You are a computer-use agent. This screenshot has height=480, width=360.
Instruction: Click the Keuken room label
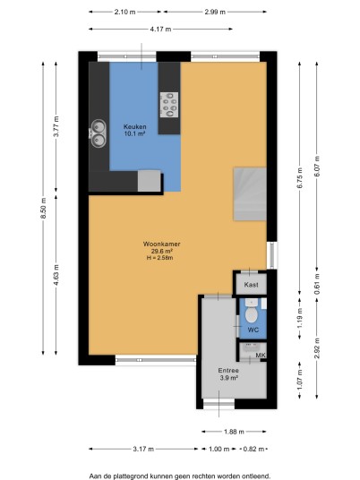134,127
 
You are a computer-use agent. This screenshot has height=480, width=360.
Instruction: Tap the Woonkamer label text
161,244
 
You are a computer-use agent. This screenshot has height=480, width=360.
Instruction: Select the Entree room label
228,371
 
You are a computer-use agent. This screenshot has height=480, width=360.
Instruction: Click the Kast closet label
251,285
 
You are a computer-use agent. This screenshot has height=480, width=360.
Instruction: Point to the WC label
253,330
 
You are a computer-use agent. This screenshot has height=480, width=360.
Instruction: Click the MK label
261,356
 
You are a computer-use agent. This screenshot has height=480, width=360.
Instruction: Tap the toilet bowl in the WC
252,314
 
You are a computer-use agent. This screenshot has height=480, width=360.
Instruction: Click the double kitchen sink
98,133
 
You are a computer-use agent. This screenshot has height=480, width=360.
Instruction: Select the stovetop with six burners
169,105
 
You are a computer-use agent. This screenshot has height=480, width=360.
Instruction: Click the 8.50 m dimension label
43,208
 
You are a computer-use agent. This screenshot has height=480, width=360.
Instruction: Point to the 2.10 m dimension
124,12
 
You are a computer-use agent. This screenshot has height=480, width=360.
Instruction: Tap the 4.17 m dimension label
160,30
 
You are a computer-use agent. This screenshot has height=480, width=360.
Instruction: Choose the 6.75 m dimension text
300,178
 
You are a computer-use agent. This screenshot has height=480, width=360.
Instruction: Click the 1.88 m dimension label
234,432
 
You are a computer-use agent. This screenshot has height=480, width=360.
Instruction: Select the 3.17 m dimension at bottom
143,449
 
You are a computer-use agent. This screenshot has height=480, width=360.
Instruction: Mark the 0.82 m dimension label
253,449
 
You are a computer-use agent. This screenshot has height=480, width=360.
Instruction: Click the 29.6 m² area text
161,251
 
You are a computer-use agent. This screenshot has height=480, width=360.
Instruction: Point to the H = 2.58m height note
159,258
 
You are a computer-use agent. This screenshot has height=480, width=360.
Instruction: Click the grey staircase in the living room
250,193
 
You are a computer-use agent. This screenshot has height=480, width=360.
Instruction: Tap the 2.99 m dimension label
215,12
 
